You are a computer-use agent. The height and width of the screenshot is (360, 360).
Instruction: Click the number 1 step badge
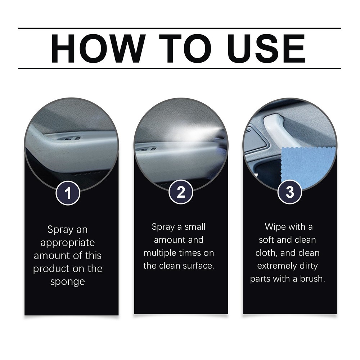[x=68, y=194]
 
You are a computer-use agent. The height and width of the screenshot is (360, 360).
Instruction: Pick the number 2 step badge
[x=181, y=192]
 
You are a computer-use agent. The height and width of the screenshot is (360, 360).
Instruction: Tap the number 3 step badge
[x=290, y=192]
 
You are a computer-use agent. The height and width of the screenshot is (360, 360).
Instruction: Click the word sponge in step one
[x=67, y=282]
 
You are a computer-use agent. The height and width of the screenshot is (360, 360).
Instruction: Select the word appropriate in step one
[x=68, y=243]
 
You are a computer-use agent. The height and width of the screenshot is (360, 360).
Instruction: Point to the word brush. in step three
[x=312, y=279]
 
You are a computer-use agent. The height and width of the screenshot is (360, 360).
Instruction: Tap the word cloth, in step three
[x=267, y=253]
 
